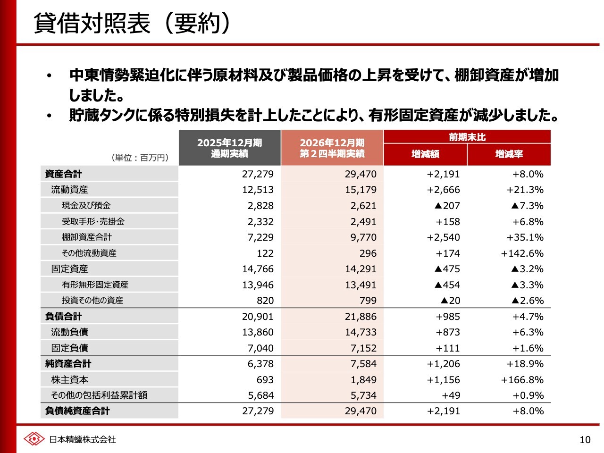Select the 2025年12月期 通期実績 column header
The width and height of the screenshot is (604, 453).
tap(229, 148)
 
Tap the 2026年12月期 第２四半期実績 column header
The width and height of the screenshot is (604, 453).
tap(332, 148)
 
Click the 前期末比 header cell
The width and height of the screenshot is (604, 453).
tap(467, 137)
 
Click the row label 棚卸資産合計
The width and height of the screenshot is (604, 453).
tap(87, 237)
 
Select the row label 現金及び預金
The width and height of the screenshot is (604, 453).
tap(86, 205)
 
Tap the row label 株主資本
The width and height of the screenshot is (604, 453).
tap(70, 380)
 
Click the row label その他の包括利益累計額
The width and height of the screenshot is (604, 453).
tap(99, 395)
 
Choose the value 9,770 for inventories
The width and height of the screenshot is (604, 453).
tap(363, 237)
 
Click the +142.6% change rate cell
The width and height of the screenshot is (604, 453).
tap(522, 253)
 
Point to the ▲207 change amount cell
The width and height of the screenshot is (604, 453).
tap(447, 206)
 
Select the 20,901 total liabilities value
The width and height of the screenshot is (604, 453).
tap(258, 317)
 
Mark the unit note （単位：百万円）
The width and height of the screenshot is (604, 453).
tap(140, 158)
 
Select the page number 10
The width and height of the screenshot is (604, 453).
tap(585, 440)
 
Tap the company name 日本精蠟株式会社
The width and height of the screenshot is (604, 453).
tap(83, 439)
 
